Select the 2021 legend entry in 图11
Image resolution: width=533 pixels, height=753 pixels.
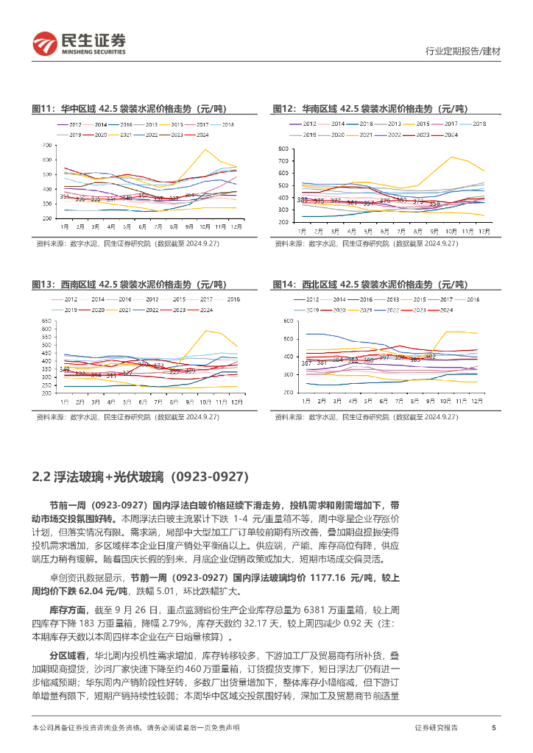pos(126,135)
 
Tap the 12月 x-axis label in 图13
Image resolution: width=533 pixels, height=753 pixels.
pos(236,402)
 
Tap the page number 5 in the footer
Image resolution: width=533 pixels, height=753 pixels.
pos(493,727)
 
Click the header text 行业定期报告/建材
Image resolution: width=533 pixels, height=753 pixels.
pos(464,51)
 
